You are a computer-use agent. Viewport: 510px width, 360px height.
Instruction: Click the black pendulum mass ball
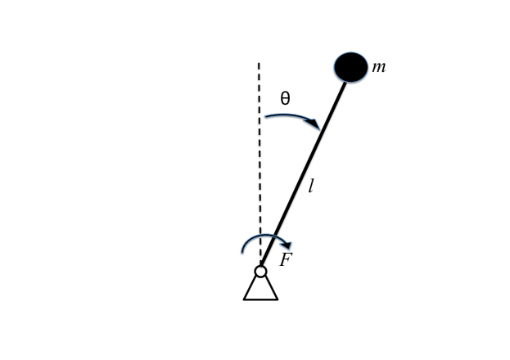coord(351,67)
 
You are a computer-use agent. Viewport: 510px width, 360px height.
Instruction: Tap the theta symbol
coord(285,98)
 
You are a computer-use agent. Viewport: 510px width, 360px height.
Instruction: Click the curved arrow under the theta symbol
coord(291,117)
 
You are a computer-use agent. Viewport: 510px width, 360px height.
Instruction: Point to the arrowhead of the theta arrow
coord(315,125)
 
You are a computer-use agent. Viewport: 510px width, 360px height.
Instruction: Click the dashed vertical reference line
coord(260,164)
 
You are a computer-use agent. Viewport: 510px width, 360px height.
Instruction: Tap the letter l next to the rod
coord(311,187)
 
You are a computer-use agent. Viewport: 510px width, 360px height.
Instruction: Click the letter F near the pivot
coord(286,260)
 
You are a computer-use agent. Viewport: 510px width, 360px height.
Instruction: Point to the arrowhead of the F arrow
coord(287,245)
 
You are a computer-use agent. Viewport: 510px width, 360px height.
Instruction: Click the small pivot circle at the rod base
coord(260,271)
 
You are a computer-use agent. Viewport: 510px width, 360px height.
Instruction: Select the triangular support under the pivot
coord(260,289)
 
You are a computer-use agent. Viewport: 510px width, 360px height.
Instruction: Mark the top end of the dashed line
coord(260,63)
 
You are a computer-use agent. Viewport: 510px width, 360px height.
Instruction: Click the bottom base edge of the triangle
coord(260,299)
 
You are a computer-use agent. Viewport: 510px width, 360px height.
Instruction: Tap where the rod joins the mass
coord(344,82)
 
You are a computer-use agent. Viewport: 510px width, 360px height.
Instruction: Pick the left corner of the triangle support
coord(245,299)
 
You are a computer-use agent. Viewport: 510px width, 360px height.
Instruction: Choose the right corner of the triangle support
coord(278,299)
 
